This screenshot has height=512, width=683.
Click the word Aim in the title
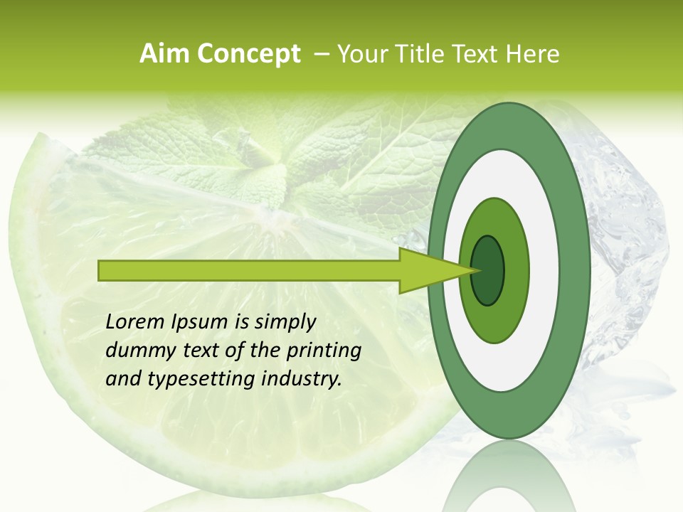pyautogui.click(x=162, y=54)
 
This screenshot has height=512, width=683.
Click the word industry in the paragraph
pyautogui.click(x=302, y=378)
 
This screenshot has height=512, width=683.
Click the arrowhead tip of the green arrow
pyautogui.click(x=475, y=270)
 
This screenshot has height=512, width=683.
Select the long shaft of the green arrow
pyautogui.click(x=249, y=270)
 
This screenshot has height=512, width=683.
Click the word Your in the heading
pyautogui.click(x=359, y=54)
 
